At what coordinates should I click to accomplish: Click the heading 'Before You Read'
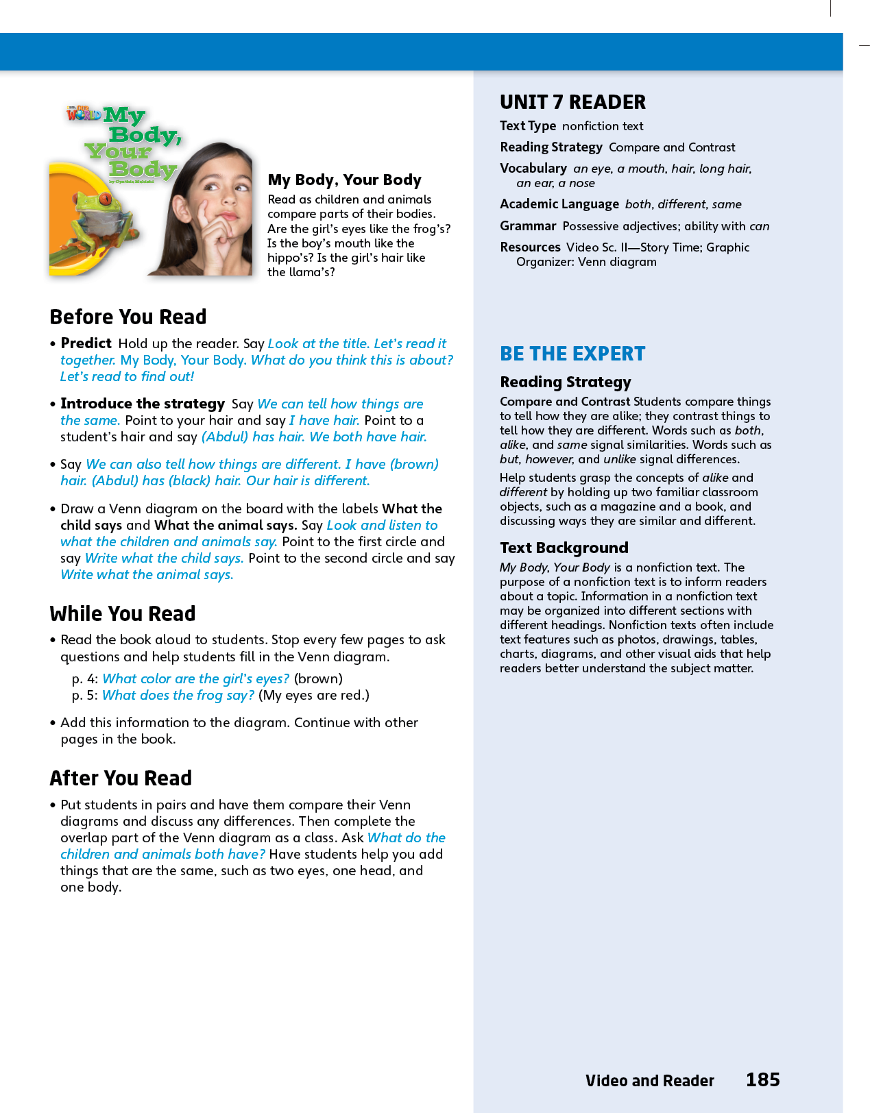128,317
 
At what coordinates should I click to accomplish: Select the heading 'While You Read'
123,614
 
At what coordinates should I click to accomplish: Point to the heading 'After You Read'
121,779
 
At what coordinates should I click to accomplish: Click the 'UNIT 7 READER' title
572,103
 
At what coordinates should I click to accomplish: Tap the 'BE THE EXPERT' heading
572,354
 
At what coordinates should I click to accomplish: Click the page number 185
762,1080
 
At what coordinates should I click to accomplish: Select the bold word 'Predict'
86,343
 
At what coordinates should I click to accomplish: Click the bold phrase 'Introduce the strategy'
143,404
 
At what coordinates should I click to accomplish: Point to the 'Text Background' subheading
564,548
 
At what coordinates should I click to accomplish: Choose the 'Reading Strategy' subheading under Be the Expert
565,382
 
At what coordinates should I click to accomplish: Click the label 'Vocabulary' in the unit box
533,169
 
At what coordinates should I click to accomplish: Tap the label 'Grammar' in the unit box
528,226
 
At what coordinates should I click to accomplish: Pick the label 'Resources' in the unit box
530,247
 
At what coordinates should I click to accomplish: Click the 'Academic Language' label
559,204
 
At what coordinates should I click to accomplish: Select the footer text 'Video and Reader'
649,1081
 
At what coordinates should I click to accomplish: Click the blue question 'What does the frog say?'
178,695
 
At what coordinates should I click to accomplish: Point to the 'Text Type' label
527,126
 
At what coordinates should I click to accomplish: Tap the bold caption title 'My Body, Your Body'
344,180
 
